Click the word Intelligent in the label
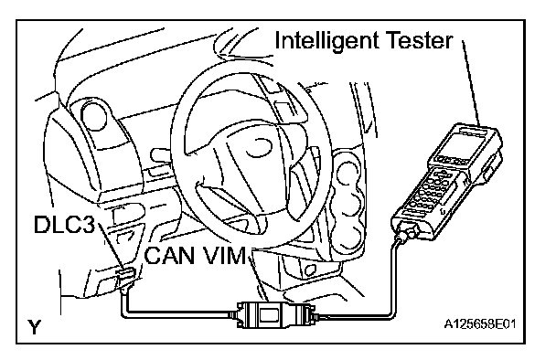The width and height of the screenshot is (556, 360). pos(326,41)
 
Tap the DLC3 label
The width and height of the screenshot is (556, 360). pos(65,224)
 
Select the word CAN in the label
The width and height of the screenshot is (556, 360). pos(169,255)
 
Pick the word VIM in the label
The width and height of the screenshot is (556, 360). pos(223,255)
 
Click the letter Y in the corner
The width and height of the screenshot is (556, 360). pos(35,327)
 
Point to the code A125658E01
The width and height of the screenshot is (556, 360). pos(480,323)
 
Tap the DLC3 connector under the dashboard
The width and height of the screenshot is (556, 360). pos(124,276)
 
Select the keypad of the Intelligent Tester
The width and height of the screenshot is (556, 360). pos(432,190)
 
